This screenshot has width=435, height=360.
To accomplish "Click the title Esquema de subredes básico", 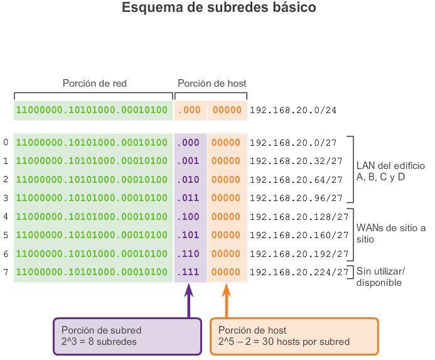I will coord(218,9).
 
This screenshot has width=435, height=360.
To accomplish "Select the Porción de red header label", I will coord(95,84).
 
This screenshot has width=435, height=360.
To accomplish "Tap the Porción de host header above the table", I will coord(212,84).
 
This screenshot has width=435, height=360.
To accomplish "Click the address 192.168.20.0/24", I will coord(293,111).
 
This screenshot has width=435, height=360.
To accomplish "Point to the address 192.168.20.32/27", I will coord(296,161).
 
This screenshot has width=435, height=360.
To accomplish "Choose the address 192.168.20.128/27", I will coord(299,217).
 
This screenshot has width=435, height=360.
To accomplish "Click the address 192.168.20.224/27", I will coord(299,273).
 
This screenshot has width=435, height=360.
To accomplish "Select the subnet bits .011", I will coord(189,199).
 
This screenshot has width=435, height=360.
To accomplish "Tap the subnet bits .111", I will coord(189,273).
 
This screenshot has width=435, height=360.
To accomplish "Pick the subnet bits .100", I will coord(189,217).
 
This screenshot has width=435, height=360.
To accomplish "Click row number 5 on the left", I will coord(6,236).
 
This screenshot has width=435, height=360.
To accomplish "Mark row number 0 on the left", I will coord(6,143).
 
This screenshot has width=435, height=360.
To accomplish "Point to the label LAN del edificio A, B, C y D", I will coord(390,172).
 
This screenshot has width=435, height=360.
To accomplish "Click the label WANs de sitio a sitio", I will coord(390,233).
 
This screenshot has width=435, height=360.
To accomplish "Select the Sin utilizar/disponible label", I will coord(380,277).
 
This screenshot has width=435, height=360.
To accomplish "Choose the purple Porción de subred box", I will coord(127,336).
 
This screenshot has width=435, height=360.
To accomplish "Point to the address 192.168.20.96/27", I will coord(296,199).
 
